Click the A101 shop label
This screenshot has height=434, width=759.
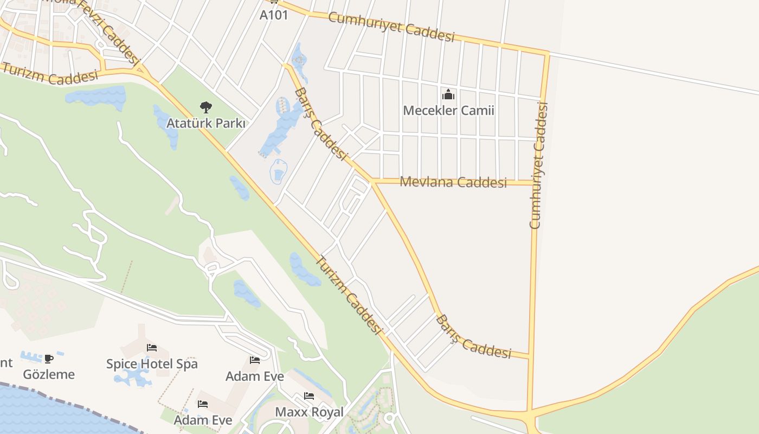(x=274, y=15)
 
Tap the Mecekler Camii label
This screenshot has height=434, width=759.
(x=448, y=111)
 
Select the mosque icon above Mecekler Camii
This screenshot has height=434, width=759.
(x=448, y=95)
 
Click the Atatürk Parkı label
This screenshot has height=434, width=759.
(x=205, y=123)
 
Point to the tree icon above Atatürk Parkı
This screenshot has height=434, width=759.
(x=205, y=107)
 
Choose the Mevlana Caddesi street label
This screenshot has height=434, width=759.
(x=453, y=182)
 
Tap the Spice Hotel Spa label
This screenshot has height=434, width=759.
(x=152, y=363)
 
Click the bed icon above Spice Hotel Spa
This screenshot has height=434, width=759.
(x=152, y=348)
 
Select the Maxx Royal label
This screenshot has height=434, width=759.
(x=309, y=412)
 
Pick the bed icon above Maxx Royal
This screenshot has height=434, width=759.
(x=309, y=396)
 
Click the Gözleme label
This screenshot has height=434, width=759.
(x=49, y=374)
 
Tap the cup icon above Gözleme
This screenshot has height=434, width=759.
(x=49, y=359)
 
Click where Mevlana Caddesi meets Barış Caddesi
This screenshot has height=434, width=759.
(x=372, y=181)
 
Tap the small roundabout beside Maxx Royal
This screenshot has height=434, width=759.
(x=389, y=419)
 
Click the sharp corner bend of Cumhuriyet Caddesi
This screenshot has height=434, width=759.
(x=548, y=53)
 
